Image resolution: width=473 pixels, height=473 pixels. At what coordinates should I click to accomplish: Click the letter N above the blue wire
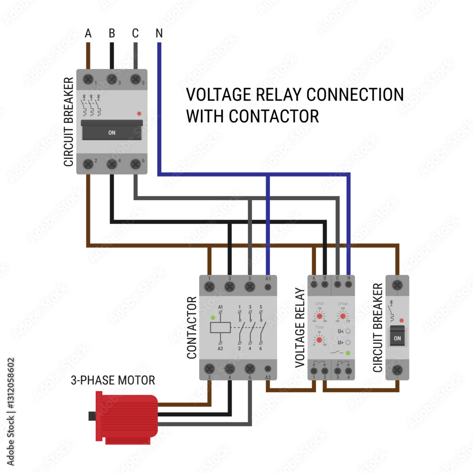click(159, 34)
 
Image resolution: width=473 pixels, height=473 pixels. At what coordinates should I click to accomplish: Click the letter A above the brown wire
click(88, 34)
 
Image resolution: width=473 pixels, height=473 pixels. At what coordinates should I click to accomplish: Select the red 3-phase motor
click(125, 419)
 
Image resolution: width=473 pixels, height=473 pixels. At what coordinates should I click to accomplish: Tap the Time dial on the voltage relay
click(320, 340)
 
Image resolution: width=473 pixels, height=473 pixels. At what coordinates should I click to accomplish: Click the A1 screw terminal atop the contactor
click(268, 287)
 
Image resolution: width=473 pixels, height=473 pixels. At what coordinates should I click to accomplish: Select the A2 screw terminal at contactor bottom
click(268, 369)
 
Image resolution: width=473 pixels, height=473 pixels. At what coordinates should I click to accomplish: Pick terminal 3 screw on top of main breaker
click(112, 79)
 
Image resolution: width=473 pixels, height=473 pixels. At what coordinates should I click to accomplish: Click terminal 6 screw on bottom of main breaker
click(135, 164)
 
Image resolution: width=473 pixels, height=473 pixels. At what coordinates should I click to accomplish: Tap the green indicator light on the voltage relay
click(348, 353)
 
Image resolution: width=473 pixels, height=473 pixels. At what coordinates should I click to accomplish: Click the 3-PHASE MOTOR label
click(113, 380)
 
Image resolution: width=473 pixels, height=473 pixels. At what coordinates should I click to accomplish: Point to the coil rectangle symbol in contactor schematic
click(221, 328)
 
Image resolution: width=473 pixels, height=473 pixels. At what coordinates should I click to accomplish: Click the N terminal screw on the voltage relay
click(349, 285)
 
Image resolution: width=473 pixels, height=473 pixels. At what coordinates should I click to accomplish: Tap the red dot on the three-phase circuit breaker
click(139, 114)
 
